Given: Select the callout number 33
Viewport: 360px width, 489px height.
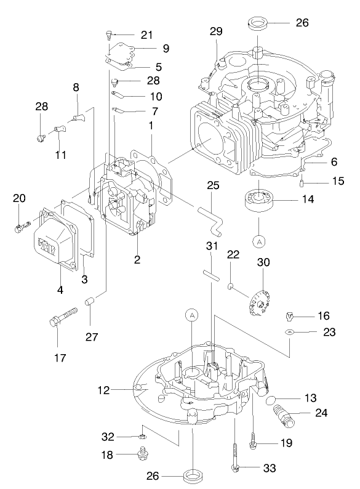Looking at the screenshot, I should pyautogui.click(x=269, y=468).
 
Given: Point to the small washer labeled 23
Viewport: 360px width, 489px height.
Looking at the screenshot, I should pyautogui.click(x=289, y=331).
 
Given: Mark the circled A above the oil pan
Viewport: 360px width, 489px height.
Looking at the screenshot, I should pyautogui.click(x=193, y=315).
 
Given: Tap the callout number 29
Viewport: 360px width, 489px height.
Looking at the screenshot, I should pyautogui.click(x=215, y=31).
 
